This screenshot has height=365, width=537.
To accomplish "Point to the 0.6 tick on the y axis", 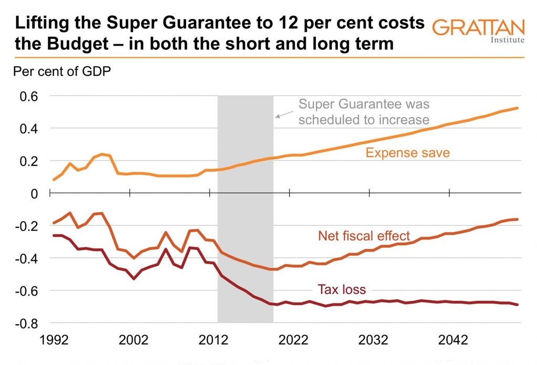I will pyautogui.click(x=29, y=96).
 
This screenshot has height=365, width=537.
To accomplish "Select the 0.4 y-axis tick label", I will pyautogui.click(x=29, y=129).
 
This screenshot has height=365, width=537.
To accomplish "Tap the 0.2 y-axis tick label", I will pyautogui.click(x=29, y=161).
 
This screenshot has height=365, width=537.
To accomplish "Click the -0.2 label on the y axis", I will pyautogui.click(x=27, y=226).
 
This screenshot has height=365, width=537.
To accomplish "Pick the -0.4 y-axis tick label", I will pyautogui.click(x=27, y=258).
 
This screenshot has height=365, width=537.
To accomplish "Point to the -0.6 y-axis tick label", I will pyautogui.click(x=27, y=291).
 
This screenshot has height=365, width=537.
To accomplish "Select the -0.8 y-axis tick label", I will pyautogui.click(x=27, y=324).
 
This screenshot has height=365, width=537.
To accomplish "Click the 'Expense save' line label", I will pyautogui.click(x=407, y=153).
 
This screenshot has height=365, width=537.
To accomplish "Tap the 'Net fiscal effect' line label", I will pyautogui.click(x=363, y=235).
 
